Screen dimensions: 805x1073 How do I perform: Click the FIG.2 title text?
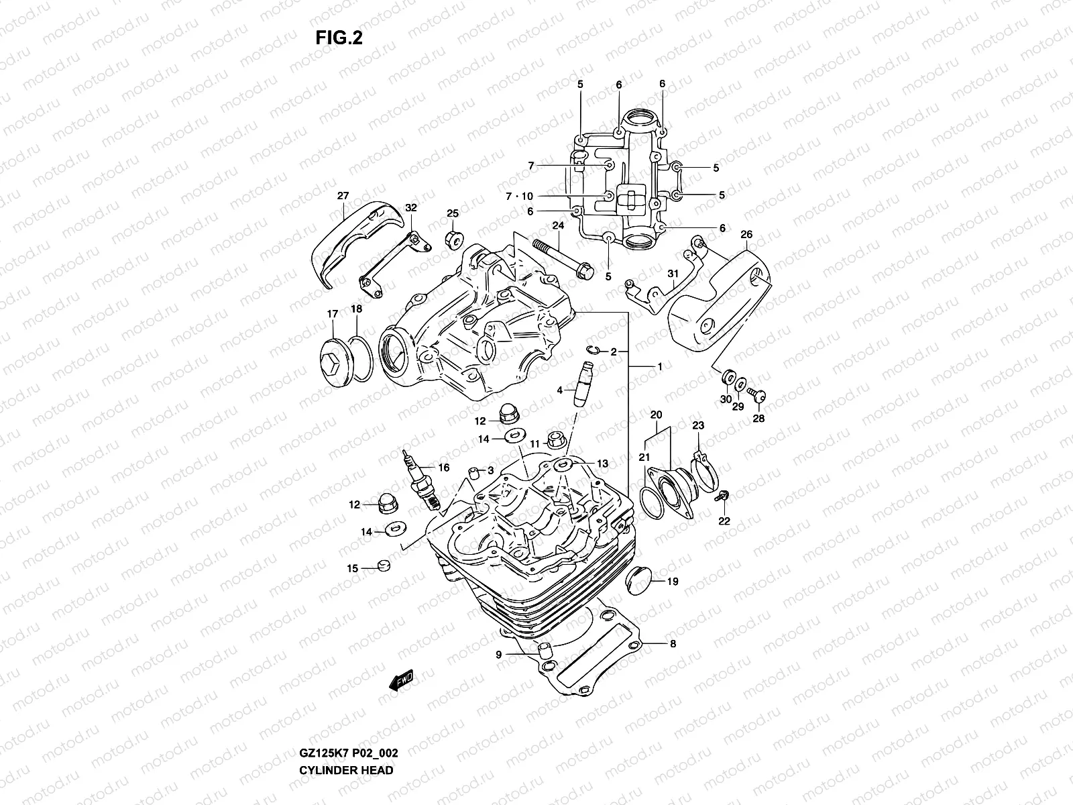click(x=339, y=38)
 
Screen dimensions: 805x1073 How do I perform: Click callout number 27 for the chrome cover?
click(x=343, y=197)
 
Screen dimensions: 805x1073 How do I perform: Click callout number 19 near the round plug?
click(x=673, y=582)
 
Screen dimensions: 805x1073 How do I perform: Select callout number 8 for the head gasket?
click(x=673, y=644)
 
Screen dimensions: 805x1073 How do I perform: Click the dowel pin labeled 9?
click(x=545, y=650)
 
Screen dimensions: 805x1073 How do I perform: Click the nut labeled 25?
click(x=453, y=237)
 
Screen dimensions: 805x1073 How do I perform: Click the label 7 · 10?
click(x=518, y=196)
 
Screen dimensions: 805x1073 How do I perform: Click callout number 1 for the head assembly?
click(x=660, y=367)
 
